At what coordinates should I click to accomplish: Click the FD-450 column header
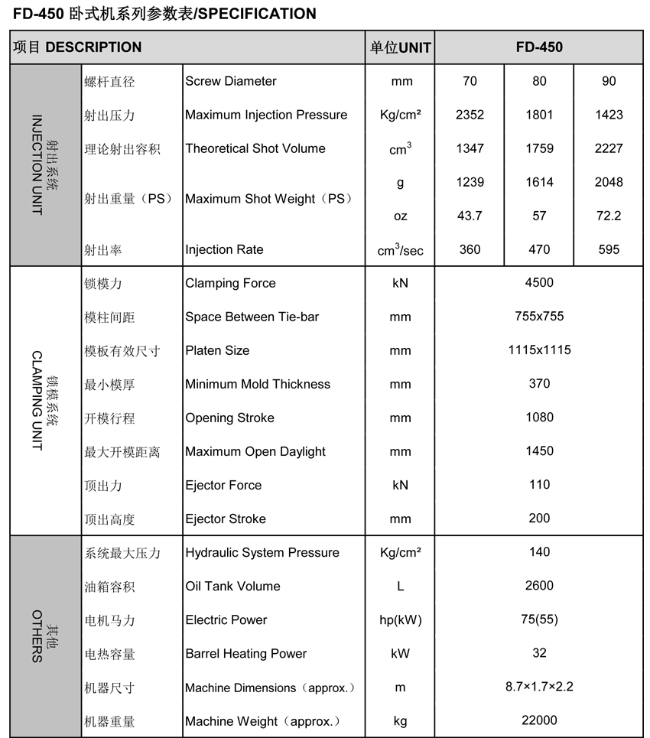point(539,47)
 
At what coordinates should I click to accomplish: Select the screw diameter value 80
point(539,81)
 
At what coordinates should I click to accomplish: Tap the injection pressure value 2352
point(470,115)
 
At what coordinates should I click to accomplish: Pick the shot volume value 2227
point(609,148)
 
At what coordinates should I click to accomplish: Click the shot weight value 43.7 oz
point(470,216)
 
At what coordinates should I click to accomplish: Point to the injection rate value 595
point(609,249)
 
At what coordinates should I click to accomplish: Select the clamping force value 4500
point(539,283)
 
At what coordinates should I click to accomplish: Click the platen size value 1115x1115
point(539,350)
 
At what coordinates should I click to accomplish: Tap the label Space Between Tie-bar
point(252,317)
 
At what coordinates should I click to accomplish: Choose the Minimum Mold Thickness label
point(258,384)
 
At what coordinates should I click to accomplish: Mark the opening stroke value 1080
point(539,418)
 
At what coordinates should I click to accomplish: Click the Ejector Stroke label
point(226,519)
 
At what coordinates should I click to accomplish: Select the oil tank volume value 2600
point(539,586)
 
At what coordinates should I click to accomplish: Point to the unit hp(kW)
point(400,620)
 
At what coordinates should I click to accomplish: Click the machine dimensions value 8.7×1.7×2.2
point(539,687)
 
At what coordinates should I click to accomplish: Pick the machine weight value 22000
point(539,720)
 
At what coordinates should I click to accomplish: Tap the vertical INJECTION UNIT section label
point(37,165)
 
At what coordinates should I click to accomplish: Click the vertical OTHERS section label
point(37,636)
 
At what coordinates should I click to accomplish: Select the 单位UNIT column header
point(400,47)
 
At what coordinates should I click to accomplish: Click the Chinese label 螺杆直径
point(109,82)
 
